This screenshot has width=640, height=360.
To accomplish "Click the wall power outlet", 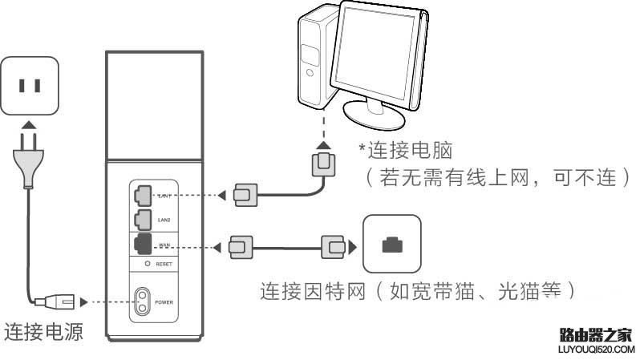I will [x=30, y=85].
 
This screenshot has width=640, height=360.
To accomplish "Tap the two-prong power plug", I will [x=28, y=160].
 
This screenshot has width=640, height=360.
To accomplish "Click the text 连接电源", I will [x=44, y=332].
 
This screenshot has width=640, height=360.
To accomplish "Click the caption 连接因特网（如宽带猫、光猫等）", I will [x=417, y=289].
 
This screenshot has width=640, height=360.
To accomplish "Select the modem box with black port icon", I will [x=391, y=243].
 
